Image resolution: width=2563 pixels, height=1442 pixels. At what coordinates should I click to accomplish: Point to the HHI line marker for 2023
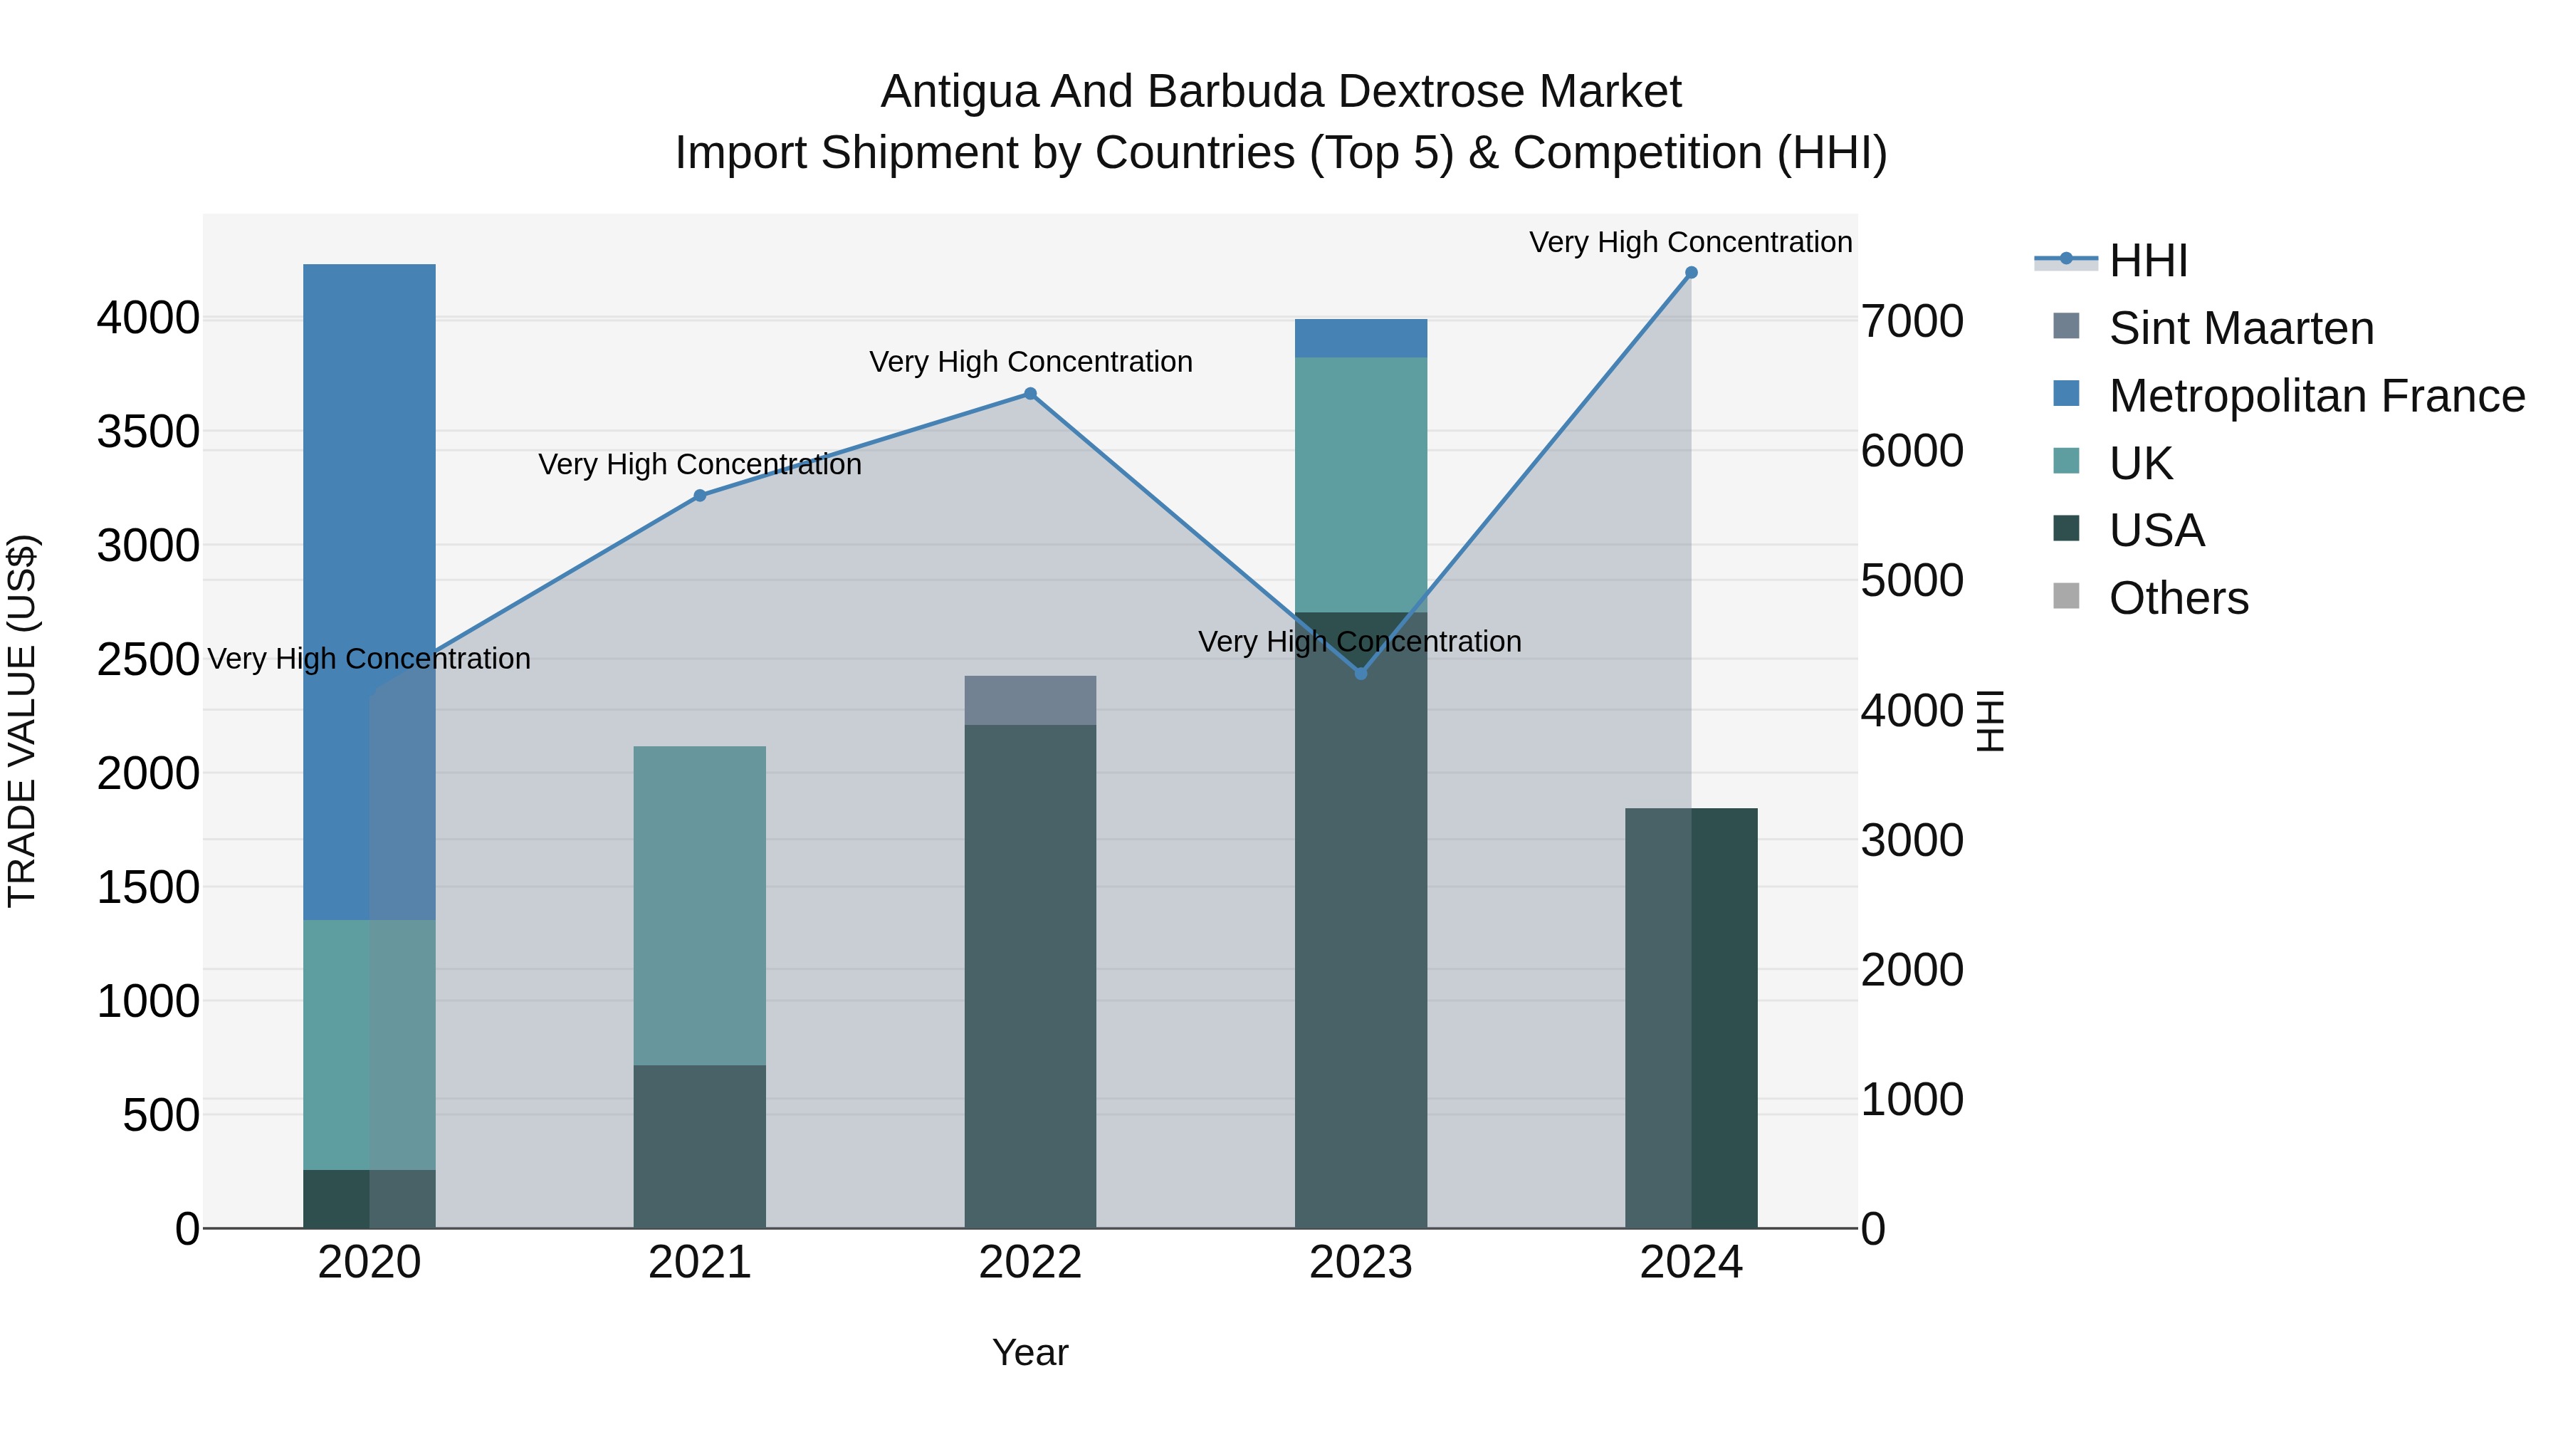[x=1361, y=674]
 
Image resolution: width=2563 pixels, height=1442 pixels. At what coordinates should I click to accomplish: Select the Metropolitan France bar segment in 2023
[x=1361, y=338]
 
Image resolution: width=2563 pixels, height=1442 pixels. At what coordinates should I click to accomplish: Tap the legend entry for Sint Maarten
[x=2240, y=328]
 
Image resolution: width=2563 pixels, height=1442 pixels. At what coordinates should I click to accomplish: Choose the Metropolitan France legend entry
[x=2316, y=396]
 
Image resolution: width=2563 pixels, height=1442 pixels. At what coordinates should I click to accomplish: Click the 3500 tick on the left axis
[x=147, y=433]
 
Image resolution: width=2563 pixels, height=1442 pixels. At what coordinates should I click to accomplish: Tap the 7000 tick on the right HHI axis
[x=1912, y=321]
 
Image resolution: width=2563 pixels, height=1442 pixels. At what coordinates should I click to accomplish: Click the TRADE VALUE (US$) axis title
[x=22, y=721]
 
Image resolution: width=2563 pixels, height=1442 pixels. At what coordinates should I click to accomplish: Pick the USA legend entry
[x=2156, y=531]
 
